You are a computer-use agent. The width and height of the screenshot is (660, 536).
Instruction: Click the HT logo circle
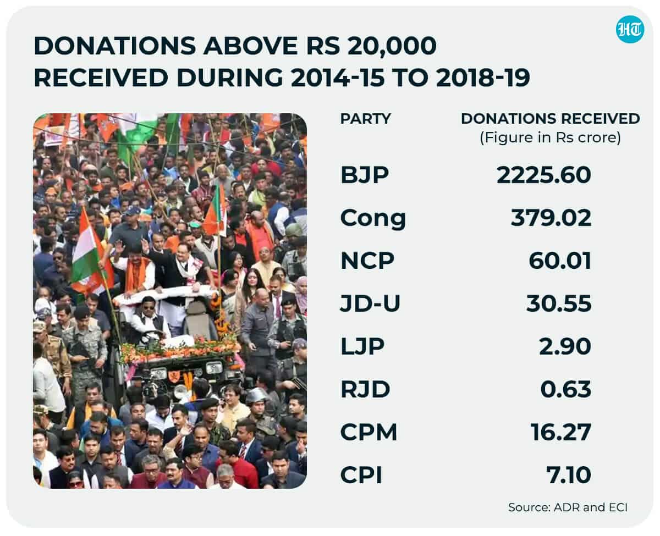tap(630, 30)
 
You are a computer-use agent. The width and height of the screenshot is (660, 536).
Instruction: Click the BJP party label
tap(365, 175)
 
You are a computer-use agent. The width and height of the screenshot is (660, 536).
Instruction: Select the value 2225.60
tap(544, 175)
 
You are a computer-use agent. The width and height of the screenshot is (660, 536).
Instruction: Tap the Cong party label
tap(373, 219)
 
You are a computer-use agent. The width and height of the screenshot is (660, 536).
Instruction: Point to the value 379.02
tap(551, 218)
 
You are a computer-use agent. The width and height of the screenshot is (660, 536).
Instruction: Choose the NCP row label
tap(367, 261)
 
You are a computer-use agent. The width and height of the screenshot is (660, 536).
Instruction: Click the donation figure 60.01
tap(560, 261)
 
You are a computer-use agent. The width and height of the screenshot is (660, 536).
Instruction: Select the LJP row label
tap(362, 346)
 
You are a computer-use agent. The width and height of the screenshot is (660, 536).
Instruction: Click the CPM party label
tap(369, 432)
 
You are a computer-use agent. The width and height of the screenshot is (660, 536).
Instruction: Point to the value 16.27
tap(561, 432)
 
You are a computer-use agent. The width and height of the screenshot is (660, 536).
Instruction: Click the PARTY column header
tap(366, 119)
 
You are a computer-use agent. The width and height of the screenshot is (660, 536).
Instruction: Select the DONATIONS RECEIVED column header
tap(551, 119)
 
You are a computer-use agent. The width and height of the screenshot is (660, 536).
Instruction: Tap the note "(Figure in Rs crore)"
tap(551, 137)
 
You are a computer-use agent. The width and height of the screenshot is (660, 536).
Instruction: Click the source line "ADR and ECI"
tap(591, 507)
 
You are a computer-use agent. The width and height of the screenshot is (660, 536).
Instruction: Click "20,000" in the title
tap(392, 46)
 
